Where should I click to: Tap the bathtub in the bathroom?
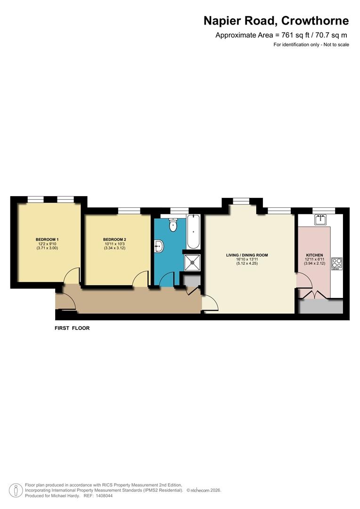pyautogui.click(x=193, y=232)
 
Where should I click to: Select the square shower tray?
pyautogui.click(x=192, y=263)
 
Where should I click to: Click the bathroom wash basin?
pyautogui.click(x=159, y=245)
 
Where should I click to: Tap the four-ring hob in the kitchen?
pyautogui.click(x=337, y=263)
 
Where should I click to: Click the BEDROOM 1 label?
pyautogui.click(x=47, y=239)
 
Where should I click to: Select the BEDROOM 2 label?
pyautogui.click(x=115, y=239)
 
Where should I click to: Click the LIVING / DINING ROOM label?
pyautogui.click(x=247, y=255)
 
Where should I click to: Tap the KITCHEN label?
pyautogui.click(x=314, y=255)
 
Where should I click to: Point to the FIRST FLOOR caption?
pyautogui.click(x=72, y=328)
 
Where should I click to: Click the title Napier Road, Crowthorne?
pyautogui.click(x=276, y=21)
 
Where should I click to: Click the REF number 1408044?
pyautogui.click(x=104, y=495)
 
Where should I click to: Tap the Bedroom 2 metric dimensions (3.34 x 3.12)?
pyautogui.click(x=115, y=248)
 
